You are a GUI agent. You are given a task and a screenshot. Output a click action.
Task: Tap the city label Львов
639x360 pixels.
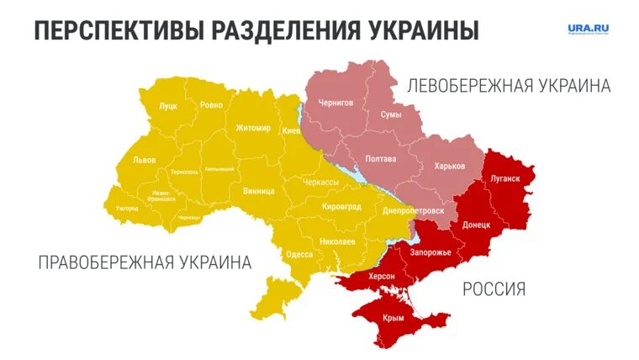click(x=144, y=160)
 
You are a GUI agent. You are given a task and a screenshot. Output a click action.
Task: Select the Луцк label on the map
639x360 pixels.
click(x=167, y=107)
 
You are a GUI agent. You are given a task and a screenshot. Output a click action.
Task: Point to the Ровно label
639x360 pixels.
click(x=211, y=106)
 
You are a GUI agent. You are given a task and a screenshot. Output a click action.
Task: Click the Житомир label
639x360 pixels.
click(x=253, y=128)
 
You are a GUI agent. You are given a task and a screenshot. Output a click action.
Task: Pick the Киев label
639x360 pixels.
click(x=291, y=130)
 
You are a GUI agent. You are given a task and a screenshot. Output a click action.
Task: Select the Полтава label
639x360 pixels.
click(x=381, y=159)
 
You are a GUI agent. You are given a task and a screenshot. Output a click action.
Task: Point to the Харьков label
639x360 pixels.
click(x=449, y=166)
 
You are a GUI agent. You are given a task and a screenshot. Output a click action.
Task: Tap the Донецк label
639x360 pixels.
click(x=478, y=226)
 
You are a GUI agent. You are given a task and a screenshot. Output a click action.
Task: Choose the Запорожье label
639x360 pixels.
click(x=430, y=252)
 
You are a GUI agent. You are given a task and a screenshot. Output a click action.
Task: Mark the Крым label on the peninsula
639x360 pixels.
click(x=393, y=318)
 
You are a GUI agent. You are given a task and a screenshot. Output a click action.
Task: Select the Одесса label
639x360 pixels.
click(x=299, y=254)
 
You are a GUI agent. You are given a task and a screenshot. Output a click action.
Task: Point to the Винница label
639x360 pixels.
click(x=257, y=191)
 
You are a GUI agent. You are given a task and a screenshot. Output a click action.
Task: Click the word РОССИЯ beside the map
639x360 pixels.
click(x=494, y=289)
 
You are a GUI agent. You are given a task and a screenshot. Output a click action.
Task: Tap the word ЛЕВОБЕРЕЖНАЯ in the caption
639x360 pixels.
click(x=464, y=86)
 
